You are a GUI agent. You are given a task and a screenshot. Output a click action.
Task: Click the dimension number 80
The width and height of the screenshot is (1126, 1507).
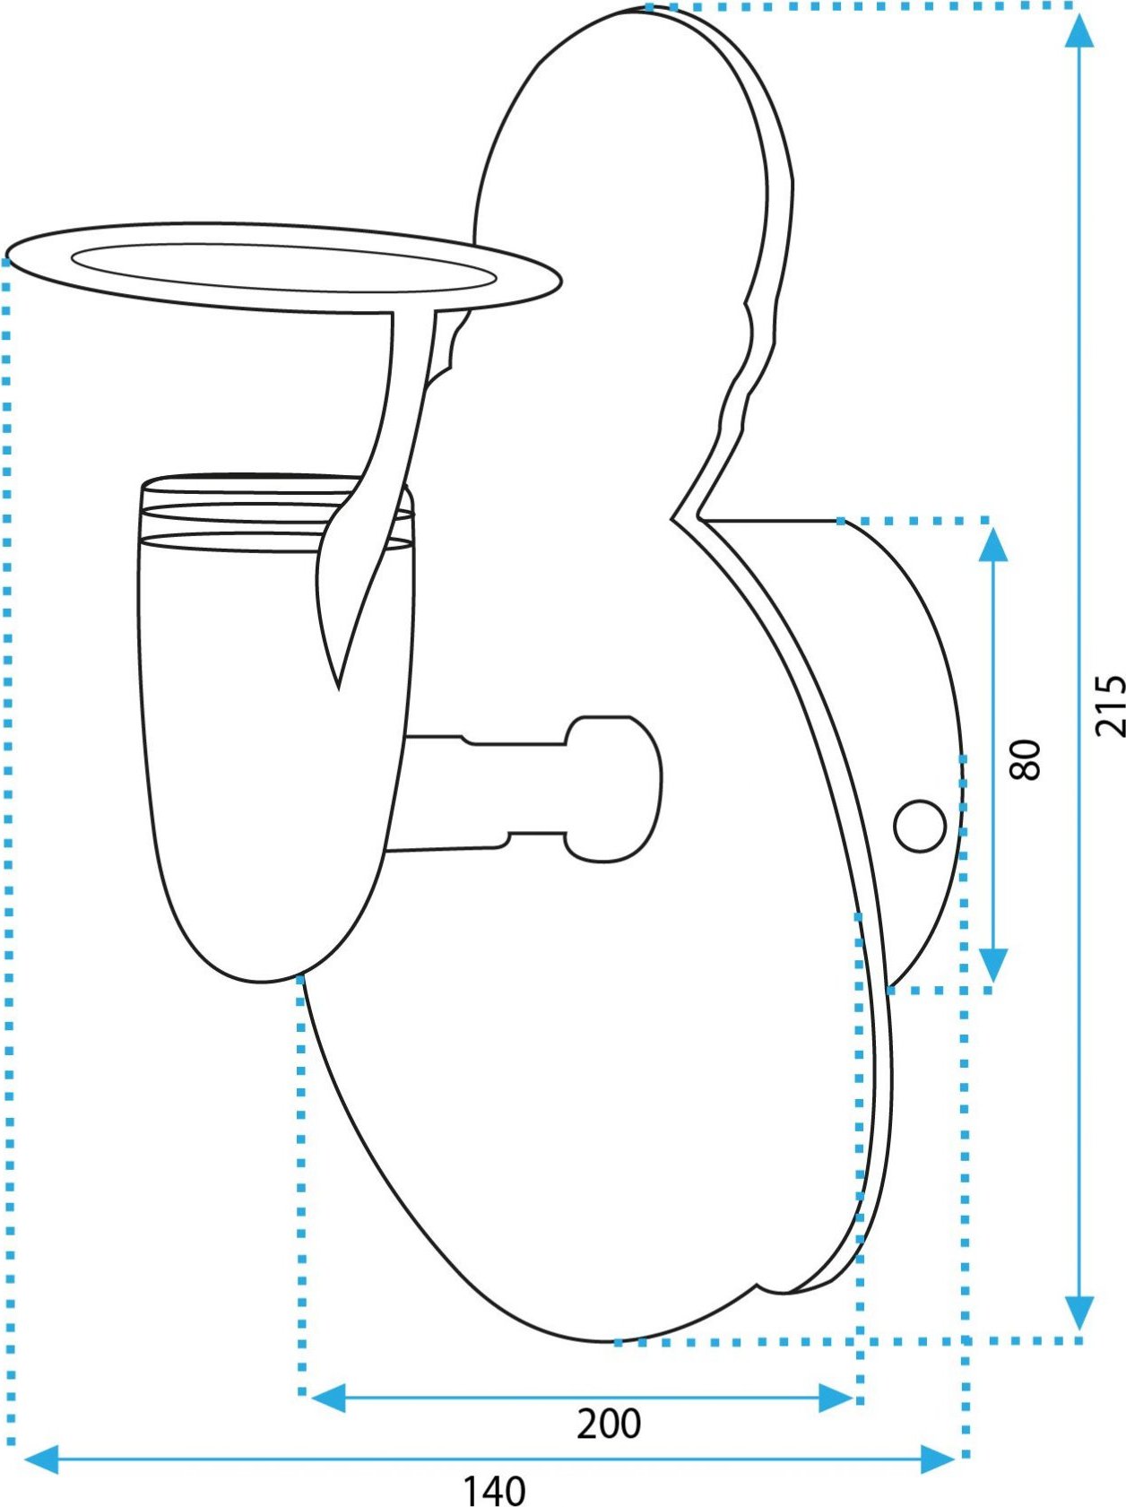pyautogui.click(x=1026, y=759)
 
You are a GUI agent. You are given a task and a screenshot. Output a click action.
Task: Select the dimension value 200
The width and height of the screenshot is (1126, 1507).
pyautogui.click(x=609, y=1424)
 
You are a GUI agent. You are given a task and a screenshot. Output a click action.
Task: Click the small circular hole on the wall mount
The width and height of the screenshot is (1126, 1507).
pyautogui.click(x=920, y=826)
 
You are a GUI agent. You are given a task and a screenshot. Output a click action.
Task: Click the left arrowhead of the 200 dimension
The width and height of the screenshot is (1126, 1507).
pyautogui.click(x=327, y=1398)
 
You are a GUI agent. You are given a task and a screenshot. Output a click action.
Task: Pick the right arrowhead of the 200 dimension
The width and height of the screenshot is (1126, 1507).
pyautogui.click(x=836, y=1398)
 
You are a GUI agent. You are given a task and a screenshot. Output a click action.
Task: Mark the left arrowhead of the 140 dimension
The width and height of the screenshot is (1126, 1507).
pyautogui.click(x=40, y=1459)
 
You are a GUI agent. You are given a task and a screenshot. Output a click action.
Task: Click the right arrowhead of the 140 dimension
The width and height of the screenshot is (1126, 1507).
pyautogui.click(x=938, y=1459)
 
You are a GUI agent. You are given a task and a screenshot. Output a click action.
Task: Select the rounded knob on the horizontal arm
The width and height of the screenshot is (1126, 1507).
pyautogui.click(x=613, y=789)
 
